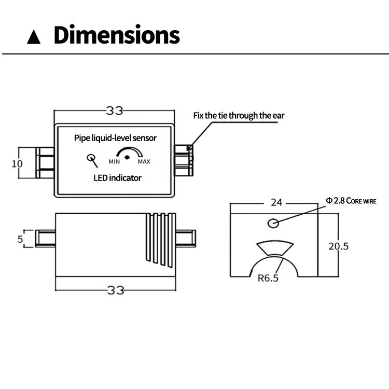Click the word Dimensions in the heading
coord(117,35)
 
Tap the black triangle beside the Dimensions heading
coord(34,37)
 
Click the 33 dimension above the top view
coord(115,110)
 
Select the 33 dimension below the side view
coord(116,290)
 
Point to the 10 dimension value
coord(17,164)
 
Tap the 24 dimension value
coord(276,203)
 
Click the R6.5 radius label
coord(268,278)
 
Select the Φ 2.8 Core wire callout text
coord(351,200)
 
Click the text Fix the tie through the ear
coord(239,115)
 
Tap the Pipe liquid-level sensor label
coord(115,138)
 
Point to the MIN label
coord(114,162)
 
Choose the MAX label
coord(144,162)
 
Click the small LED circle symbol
coord(91,158)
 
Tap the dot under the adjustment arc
coord(128,157)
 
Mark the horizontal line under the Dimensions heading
coord(195,54)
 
